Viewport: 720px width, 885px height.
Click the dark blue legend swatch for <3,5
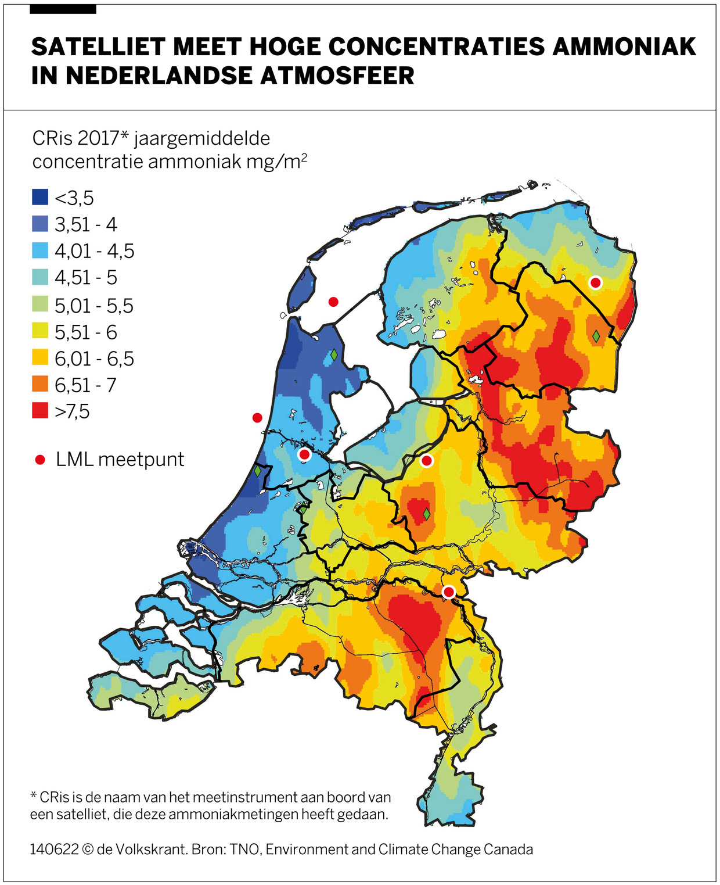tap(40, 198)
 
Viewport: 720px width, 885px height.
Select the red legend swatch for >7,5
tap(40, 411)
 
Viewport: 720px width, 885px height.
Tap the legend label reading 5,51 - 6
tap(86, 332)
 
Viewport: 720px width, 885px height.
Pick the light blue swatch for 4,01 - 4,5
tap(40, 250)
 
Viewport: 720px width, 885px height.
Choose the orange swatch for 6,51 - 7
tap(40, 385)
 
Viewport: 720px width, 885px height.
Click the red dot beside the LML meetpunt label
tap(40, 460)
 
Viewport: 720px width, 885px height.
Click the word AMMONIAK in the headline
tap(624, 47)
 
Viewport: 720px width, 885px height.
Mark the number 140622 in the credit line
tap(54, 850)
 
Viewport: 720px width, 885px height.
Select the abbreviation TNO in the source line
tap(244, 850)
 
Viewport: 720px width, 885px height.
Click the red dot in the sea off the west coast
tap(257, 418)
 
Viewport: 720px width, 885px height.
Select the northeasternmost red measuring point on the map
tap(595, 283)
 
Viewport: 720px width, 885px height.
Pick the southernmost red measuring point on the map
tap(448, 592)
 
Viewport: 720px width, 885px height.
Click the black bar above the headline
tap(63, 9)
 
